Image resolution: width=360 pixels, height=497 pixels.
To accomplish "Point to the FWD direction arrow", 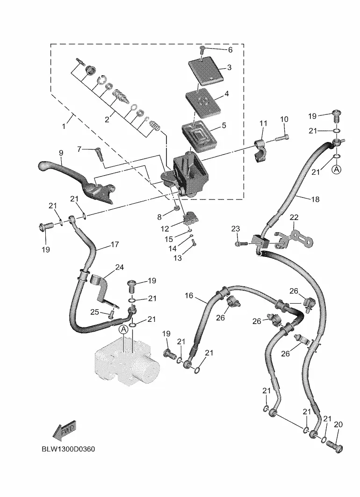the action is [x=65, y=431].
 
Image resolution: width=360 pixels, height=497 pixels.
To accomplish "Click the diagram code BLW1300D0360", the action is [x=68, y=449].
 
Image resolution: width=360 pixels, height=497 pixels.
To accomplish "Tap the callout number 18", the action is [x=315, y=199].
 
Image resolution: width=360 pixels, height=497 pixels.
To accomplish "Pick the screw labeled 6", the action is [x=202, y=49].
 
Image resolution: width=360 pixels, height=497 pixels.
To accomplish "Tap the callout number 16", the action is [x=189, y=296].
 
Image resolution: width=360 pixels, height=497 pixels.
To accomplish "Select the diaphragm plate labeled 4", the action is [x=203, y=102].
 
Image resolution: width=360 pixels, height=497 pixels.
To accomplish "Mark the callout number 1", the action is [x=64, y=126].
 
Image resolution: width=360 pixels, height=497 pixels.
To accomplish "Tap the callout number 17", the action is [x=115, y=244].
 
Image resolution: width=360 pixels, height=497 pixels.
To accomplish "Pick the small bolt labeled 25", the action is [x=111, y=314].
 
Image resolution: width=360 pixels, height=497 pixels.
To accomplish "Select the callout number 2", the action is [x=107, y=120].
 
